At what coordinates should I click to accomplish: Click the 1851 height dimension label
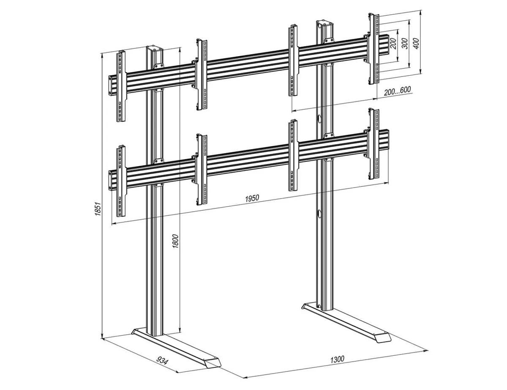(98, 209)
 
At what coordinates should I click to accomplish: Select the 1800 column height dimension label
(175, 241)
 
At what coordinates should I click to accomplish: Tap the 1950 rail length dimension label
(252, 198)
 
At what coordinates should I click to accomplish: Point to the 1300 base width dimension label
(338, 359)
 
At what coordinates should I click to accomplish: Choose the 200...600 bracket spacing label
(397, 91)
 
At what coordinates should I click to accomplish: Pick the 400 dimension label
(416, 44)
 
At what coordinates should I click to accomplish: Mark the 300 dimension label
(405, 44)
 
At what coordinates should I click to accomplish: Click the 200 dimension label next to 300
(393, 44)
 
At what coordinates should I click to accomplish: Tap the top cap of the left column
(155, 49)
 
